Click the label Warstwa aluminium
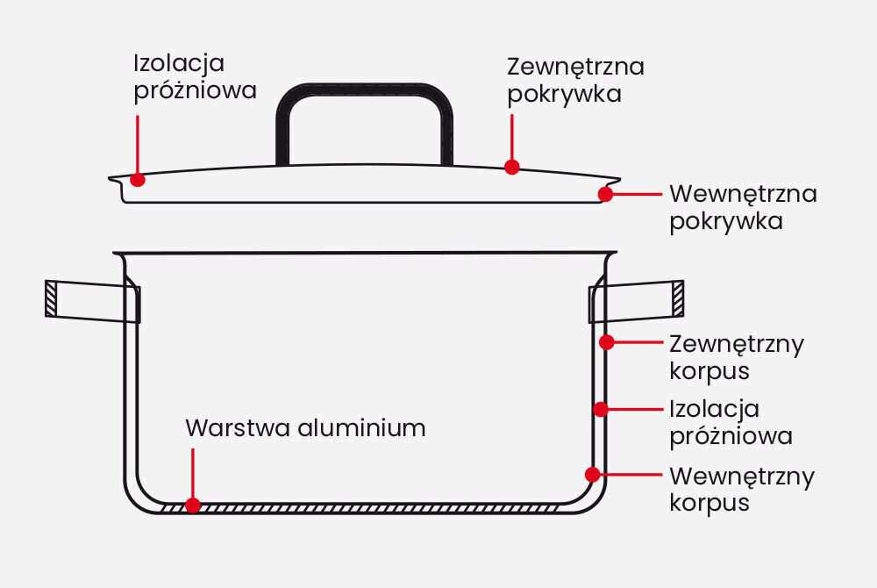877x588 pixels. click(305, 428)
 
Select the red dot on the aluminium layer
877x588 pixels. click(193, 506)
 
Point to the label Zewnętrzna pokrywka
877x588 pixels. click(575, 80)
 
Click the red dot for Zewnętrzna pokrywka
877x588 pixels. click(512, 166)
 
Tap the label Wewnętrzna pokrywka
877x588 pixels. click(743, 206)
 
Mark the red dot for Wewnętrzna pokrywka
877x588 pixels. click(605, 194)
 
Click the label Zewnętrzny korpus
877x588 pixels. click(736, 356)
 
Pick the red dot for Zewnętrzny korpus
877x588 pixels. click(605, 342)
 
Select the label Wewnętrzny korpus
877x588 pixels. click(741, 489)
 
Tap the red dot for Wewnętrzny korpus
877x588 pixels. click(593, 474)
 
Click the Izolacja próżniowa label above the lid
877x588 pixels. click(195, 77)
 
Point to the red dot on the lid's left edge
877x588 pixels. click(137, 179)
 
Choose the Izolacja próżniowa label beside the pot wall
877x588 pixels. click(731, 422)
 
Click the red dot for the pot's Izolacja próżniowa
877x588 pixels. click(600, 409)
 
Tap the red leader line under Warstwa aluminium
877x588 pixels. click(193, 474)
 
